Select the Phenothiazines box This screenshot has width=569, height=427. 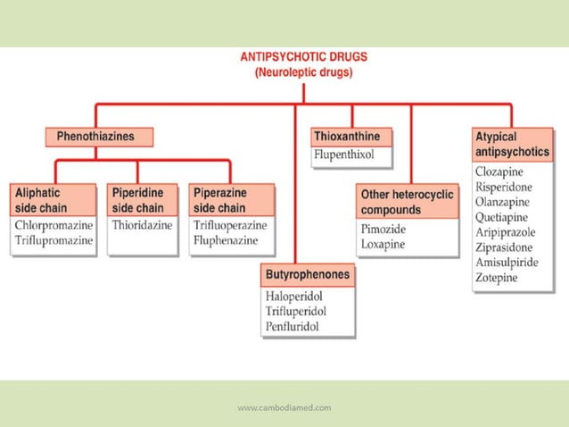click(x=99, y=138)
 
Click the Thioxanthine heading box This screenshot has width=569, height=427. click(x=352, y=137)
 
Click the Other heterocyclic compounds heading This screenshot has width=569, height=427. click(x=407, y=202)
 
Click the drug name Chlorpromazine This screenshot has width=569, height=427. click(x=54, y=224)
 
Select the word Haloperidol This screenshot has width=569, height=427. click(x=293, y=296)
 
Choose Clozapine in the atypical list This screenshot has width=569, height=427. click(x=499, y=172)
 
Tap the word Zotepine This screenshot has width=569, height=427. click(x=497, y=278)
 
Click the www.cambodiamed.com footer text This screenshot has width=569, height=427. click(x=284, y=408)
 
